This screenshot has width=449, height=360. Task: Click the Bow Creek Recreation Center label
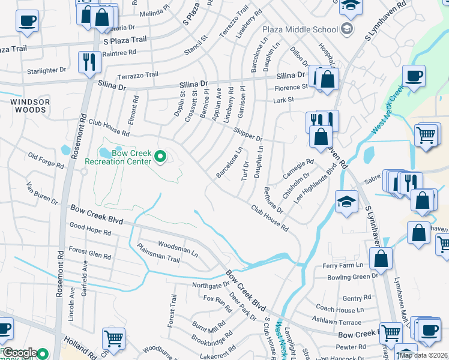[118, 157]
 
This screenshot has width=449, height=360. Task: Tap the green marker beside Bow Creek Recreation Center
[160, 157]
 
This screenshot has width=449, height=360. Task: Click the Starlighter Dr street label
[46, 71]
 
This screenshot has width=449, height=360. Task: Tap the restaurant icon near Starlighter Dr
[89, 62]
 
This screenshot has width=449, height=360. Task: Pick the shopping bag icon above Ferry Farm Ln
[381, 259]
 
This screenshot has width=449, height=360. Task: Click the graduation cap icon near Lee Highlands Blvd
[346, 202]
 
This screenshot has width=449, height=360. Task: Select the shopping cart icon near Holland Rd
[113, 338]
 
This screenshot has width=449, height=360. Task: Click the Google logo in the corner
[20, 353]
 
